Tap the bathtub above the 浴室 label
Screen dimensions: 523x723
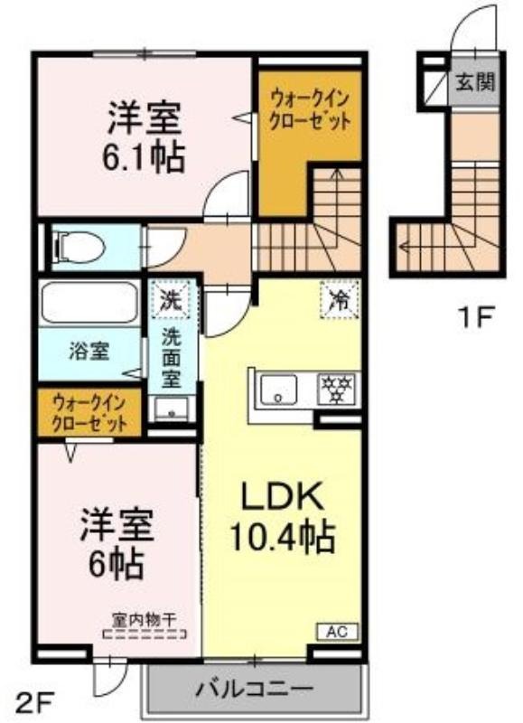coord(89,304)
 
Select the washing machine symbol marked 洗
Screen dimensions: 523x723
coord(171,300)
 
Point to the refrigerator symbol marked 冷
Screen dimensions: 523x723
coord(340,301)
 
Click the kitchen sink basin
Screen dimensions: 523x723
coord(278,390)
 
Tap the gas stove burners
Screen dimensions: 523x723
coord(335,390)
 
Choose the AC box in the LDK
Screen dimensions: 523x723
coord(337,631)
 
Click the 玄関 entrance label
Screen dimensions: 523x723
coord(475,82)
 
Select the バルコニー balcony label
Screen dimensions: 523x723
coord(255,690)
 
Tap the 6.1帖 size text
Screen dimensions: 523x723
coord(144,157)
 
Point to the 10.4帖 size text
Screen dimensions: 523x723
coord(282,537)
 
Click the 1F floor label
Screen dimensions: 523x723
coord(475,318)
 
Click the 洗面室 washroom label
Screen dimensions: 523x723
coord(171,358)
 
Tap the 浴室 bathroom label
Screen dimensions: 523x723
coord(89,352)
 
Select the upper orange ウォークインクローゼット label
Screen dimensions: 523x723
coord(310,110)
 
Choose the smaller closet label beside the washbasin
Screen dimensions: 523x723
coord(89,413)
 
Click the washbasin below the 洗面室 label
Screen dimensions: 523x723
coord(172,409)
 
